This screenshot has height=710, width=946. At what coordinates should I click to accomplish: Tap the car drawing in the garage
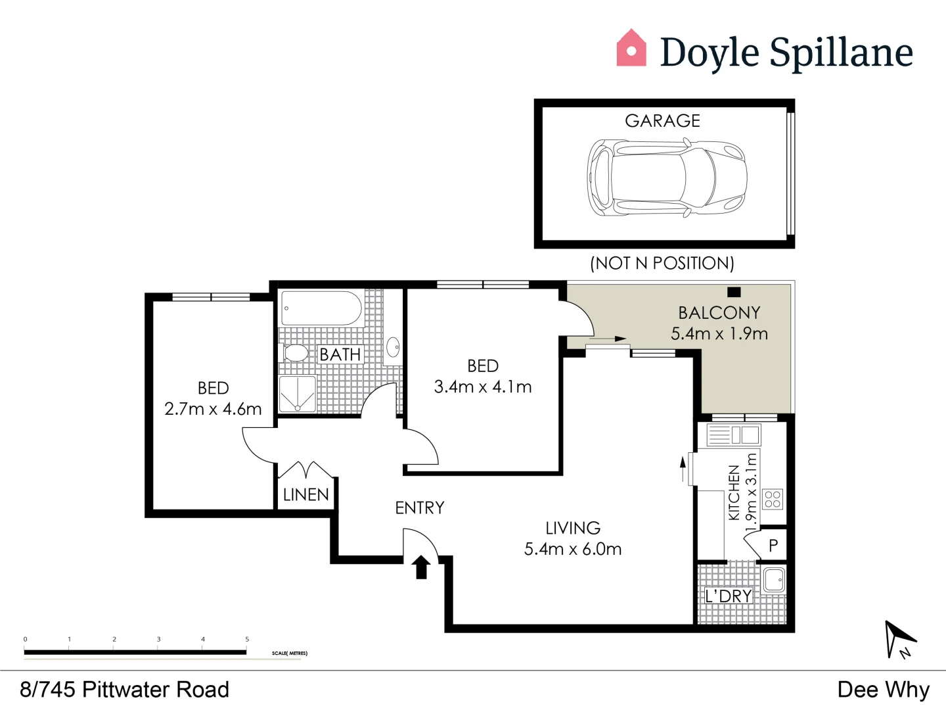click(x=666, y=177)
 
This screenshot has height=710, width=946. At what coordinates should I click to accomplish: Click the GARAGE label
click(x=662, y=121)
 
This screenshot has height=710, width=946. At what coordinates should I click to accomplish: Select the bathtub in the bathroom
click(x=321, y=308)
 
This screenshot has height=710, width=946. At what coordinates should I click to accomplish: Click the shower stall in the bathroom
click(x=298, y=394)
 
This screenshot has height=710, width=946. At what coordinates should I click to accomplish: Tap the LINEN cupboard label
click(x=305, y=494)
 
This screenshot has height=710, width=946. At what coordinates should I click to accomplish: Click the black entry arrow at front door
click(x=421, y=567)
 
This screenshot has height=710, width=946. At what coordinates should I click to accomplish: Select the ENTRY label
click(x=419, y=508)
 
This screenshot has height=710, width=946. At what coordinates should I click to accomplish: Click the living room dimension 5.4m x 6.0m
click(x=573, y=549)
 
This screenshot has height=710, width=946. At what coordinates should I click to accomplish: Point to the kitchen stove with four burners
click(x=773, y=499)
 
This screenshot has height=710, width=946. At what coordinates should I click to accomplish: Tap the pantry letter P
click(x=773, y=545)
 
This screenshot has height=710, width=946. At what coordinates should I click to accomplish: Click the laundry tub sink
click(x=775, y=580)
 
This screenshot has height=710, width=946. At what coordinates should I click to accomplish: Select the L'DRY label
click(x=728, y=596)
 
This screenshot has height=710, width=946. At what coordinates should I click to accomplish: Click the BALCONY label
click(x=719, y=312)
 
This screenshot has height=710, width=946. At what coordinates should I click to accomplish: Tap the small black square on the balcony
click(x=734, y=292)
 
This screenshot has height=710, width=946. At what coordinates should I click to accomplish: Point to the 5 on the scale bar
click(x=247, y=639)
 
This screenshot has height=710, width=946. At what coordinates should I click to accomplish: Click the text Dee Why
click(x=883, y=690)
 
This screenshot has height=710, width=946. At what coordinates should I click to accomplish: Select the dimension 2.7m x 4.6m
click(x=213, y=409)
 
